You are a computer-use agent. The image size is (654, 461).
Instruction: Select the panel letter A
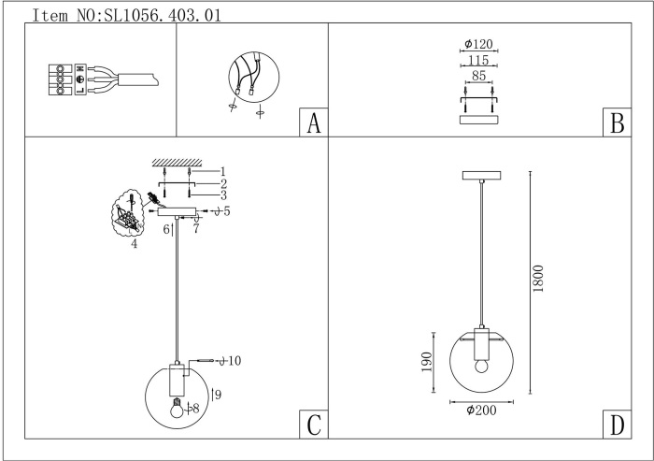(x=313, y=123)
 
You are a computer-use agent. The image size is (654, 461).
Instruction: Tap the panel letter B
(x=615, y=123)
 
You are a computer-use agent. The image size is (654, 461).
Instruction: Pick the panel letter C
(x=313, y=425)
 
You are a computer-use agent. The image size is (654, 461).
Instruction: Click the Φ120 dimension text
(x=478, y=44)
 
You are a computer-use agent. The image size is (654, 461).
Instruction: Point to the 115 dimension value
(x=477, y=60)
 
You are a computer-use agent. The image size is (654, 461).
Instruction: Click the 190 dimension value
(x=427, y=363)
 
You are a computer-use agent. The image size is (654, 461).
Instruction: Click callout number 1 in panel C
(x=223, y=171)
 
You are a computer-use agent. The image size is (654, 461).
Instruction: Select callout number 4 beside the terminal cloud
(x=135, y=244)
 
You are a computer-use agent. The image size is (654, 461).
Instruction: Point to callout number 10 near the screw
(x=235, y=360)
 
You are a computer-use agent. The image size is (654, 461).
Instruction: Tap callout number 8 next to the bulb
(x=196, y=408)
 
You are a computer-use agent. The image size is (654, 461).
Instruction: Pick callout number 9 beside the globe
(x=217, y=396)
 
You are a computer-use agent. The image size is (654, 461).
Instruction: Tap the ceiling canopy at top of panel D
(x=483, y=175)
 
